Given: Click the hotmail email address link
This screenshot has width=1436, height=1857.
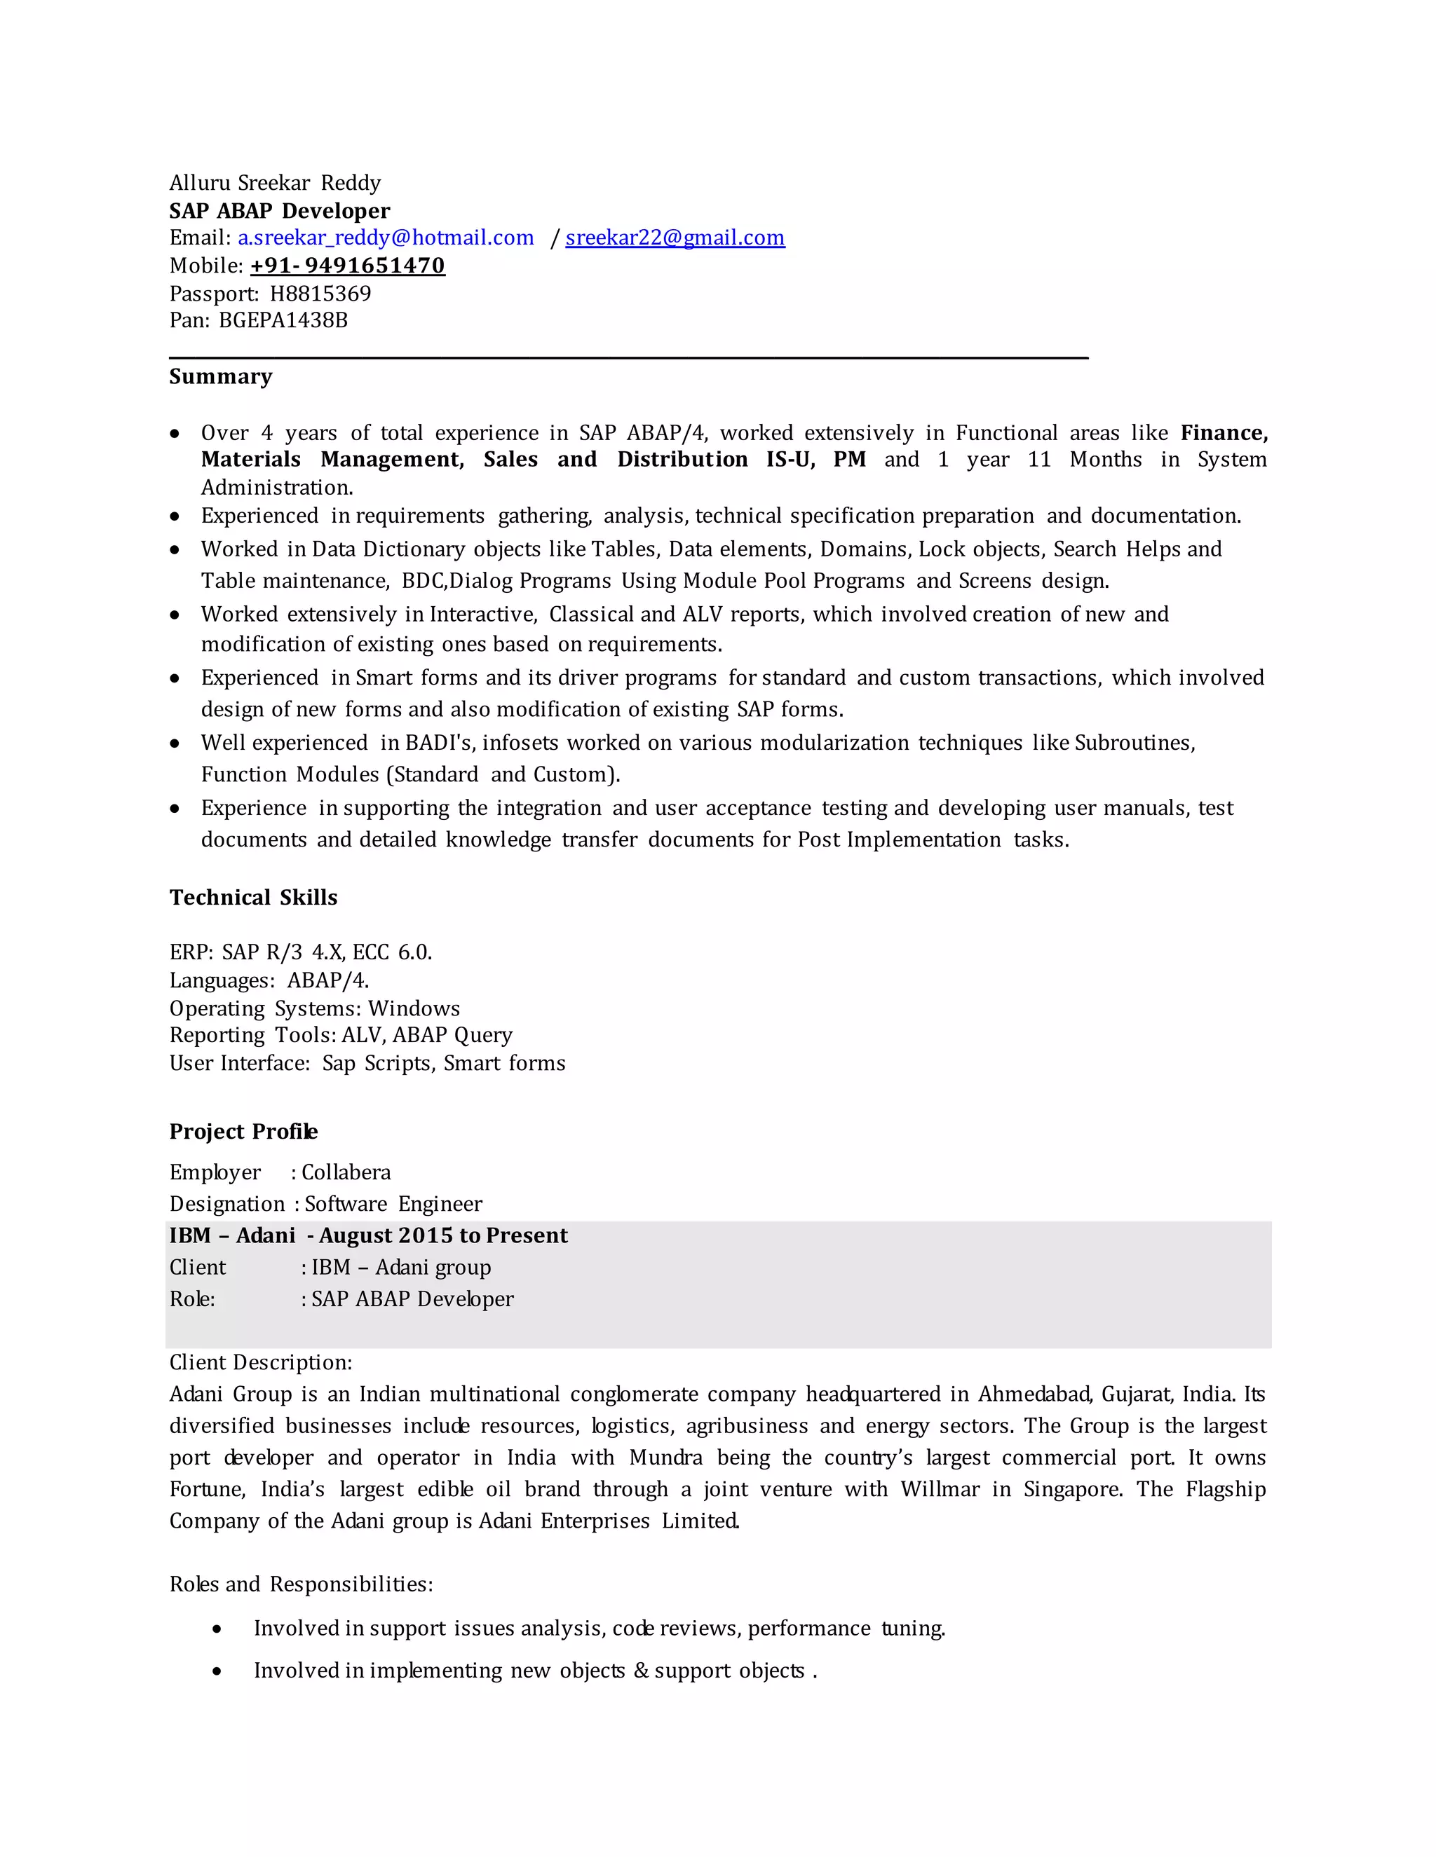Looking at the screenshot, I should (386, 238).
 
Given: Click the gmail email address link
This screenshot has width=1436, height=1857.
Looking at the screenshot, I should (675, 238).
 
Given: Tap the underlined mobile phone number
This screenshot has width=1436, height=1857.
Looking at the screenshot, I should (347, 266).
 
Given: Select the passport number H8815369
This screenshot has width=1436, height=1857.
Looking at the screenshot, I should (320, 294).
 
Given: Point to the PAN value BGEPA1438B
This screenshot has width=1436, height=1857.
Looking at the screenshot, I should (283, 320).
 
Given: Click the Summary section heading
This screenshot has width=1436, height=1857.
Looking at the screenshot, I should (220, 377).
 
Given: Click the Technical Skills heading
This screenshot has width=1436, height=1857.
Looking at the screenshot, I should (252, 898).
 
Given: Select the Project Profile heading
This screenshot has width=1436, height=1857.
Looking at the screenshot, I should (243, 1132).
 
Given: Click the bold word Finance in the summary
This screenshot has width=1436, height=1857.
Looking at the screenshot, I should (1222, 433).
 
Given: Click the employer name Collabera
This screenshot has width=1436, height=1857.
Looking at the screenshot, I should (346, 1172).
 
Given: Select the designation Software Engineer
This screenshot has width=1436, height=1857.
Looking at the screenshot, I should (393, 1204).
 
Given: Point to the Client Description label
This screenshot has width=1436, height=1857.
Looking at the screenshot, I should (260, 1362).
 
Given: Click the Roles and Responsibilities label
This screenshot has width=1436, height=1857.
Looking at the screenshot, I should (301, 1584).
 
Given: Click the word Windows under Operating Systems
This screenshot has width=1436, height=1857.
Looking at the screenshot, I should (414, 1008).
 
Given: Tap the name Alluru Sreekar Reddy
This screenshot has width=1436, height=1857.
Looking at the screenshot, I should (275, 184).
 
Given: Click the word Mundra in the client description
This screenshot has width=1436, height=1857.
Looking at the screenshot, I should (665, 1458).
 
